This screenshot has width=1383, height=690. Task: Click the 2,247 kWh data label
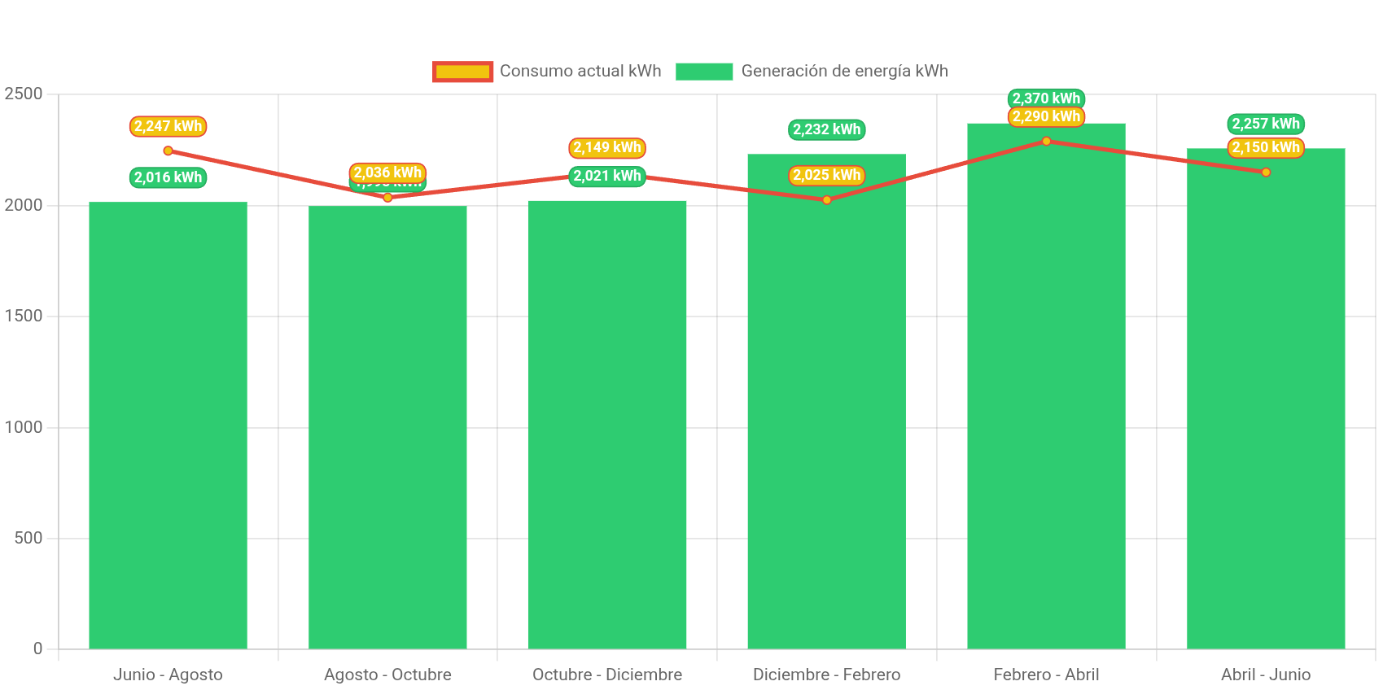[168, 126]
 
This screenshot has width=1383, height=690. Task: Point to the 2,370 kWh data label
[1046, 98]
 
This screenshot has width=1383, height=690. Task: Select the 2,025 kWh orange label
[826, 175]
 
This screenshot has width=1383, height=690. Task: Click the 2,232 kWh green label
[826, 129]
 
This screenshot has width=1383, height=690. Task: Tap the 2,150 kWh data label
[1266, 147]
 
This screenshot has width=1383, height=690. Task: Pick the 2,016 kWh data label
[168, 177]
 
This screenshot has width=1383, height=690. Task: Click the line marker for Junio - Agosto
[168, 151]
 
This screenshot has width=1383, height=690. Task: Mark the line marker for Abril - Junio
[1266, 172]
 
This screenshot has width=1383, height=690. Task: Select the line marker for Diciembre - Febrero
[826, 199]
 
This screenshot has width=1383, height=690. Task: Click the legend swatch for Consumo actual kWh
[462, 72]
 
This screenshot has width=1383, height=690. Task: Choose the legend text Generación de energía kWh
[844, 71]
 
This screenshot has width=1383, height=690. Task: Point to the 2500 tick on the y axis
[24, 94]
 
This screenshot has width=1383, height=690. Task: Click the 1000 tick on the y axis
[24, 427]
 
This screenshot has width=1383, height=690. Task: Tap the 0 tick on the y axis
[37, 649]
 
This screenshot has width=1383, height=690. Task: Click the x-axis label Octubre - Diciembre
[607, 675]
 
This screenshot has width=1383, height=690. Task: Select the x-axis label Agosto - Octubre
[387, 675]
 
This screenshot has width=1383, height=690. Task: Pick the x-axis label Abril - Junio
[1266, 675]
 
